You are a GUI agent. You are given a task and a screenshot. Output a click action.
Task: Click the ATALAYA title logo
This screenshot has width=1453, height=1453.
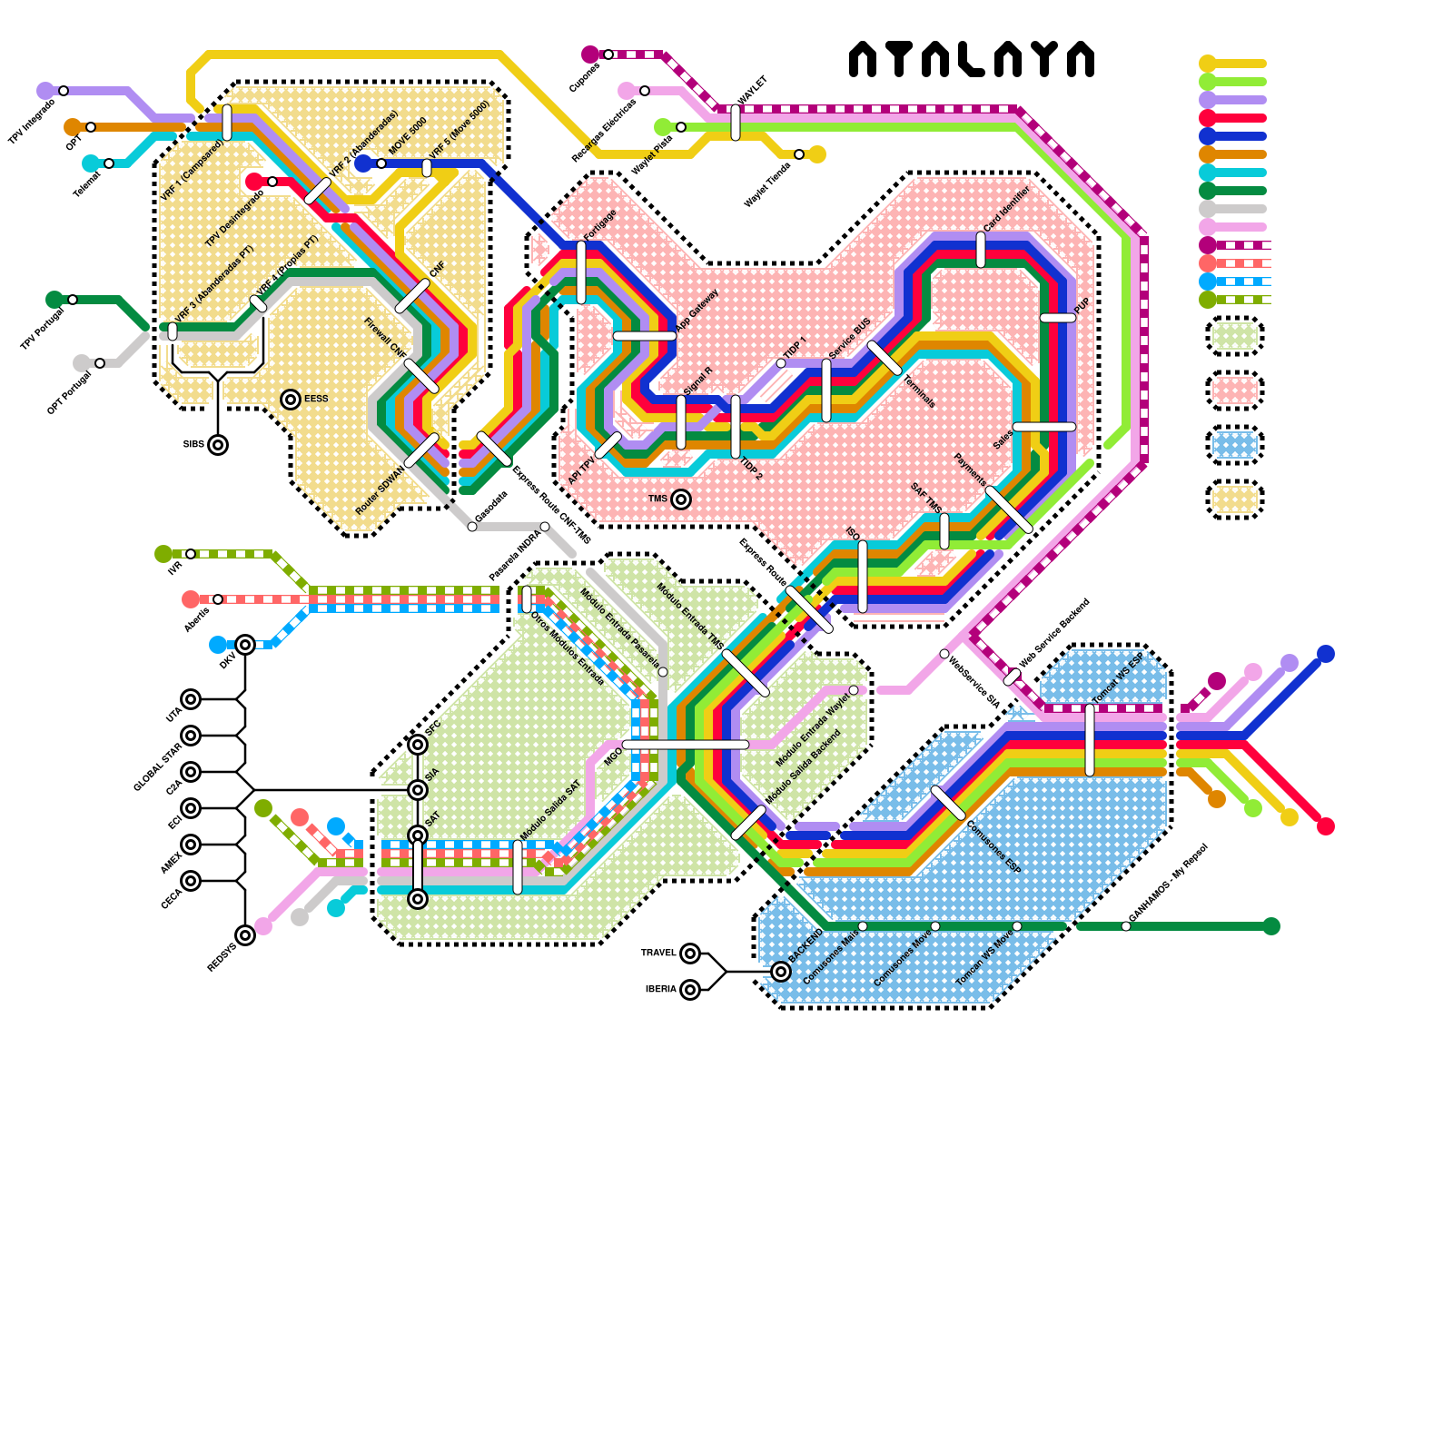coord(971,59)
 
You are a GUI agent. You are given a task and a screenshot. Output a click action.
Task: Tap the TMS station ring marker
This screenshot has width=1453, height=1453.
coord(681,499)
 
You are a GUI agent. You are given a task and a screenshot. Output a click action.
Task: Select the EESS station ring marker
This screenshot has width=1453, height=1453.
coord(291,400)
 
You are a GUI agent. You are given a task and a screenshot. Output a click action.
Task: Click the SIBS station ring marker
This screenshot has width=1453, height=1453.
coord(218,445)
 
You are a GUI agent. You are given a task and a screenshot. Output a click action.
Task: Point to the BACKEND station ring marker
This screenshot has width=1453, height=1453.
coord(781,972)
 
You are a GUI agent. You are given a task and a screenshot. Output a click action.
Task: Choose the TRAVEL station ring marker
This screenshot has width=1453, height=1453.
coord(690,954)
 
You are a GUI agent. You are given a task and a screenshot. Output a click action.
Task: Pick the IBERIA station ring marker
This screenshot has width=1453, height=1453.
coord(690,990)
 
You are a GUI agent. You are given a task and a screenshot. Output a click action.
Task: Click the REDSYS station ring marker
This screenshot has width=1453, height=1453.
coord(245,935)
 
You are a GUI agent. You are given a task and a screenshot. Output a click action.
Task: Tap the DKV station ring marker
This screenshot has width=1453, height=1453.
coord(245,645)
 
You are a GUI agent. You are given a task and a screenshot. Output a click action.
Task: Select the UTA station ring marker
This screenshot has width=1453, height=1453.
coord(191,699)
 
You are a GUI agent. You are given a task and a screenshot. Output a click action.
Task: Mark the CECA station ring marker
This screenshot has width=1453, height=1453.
coord(191,881)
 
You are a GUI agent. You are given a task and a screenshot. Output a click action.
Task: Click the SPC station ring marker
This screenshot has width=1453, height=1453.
coord(418,745)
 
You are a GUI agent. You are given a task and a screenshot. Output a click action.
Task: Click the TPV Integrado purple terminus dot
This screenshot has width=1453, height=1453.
coord(45,91)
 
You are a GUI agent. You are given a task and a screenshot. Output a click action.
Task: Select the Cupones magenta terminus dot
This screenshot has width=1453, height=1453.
coord(590,54)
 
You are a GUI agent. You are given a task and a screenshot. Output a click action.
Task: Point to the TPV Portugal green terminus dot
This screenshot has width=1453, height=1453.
coord(54,300)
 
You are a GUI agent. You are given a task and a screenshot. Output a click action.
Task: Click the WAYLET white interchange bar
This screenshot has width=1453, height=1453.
coord(736,123)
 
